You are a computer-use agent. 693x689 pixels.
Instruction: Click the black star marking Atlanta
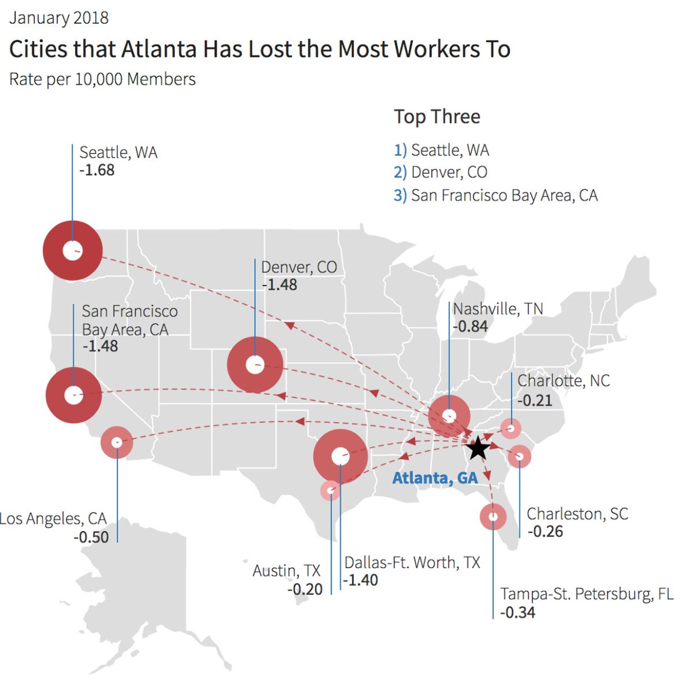(478, 448)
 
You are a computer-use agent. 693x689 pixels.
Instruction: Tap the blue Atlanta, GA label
(435, 478)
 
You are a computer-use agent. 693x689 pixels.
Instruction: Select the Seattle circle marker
(73, 251)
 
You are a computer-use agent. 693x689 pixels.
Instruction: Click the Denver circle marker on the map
(255, 365)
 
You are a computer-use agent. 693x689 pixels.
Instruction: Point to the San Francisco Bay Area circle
(73, 395)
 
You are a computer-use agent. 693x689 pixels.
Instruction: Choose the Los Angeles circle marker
(117, 442)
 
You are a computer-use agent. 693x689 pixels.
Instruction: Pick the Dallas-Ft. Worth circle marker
(340, 456)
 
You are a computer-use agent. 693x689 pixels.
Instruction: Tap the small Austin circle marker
(330, 491)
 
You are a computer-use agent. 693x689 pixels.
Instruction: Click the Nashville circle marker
(449, 416)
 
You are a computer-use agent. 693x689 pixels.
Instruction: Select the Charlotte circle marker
(511, 429)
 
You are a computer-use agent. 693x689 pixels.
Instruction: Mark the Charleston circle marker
(519, 457)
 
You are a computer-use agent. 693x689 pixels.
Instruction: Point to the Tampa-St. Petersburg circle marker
(493, 516)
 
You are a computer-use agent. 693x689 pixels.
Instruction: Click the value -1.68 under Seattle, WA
(97, 171)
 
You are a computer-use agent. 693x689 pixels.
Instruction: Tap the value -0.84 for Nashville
(470, 327)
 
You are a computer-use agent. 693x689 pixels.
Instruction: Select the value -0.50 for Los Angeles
(91, 537)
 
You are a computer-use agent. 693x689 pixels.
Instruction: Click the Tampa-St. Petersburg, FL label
(587, 594)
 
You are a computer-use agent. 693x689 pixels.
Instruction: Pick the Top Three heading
(437, 117)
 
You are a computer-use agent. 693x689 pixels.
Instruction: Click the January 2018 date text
(59, 18)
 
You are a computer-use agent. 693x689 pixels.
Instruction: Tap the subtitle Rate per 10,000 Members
(103, 79)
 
